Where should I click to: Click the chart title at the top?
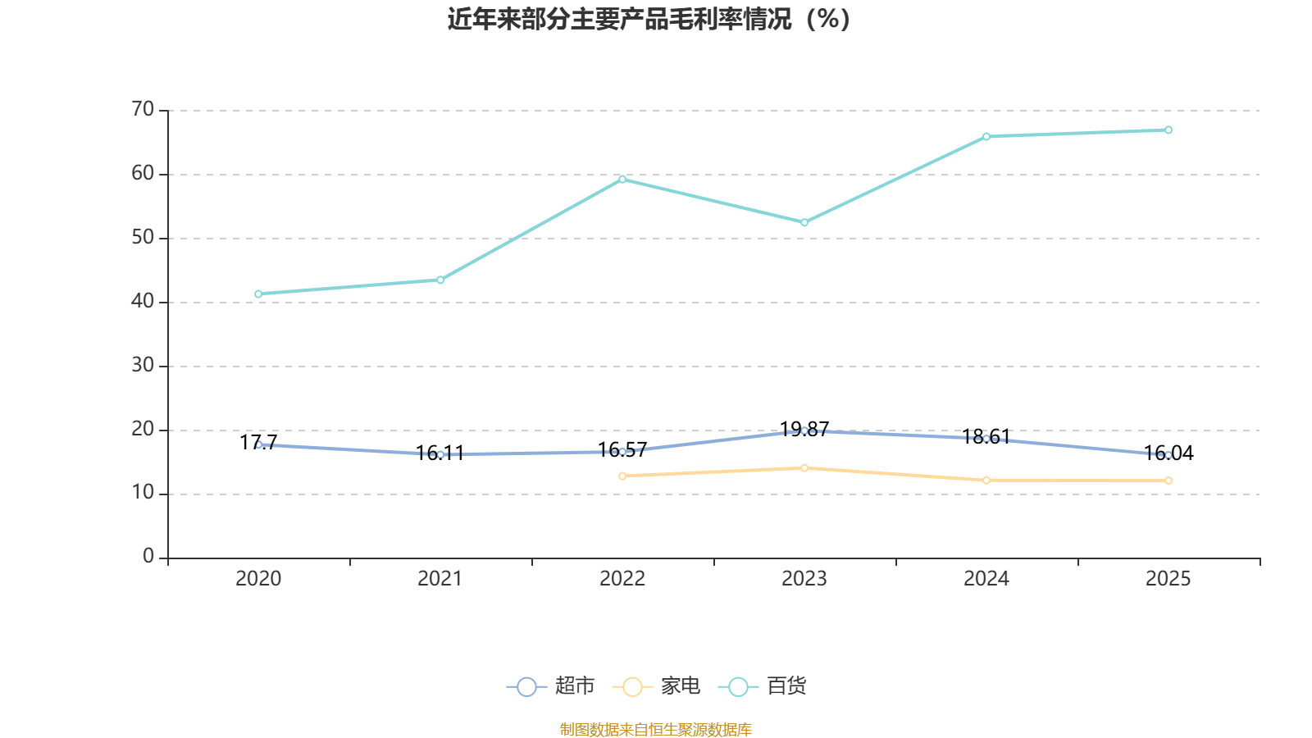click(x=649, y=19)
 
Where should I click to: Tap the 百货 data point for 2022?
click(x=622, y=179)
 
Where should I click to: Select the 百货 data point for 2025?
click(x=1168, y=130)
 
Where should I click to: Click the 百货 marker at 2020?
click(x=258, y=294)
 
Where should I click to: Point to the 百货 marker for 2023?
click(x=804, y=222)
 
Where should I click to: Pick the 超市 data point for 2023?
click(x=804, y=430)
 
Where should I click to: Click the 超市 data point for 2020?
click(x=258, y=444)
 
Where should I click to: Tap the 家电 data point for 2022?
click(x=622, y=476)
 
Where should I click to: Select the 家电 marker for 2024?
click(x=986, y=480)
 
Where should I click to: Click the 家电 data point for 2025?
click(x=1168, y=481)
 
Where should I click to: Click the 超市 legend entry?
click(x=551, y=686)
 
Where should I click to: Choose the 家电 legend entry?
click(x=657, y=686)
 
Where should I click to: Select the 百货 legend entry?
click(x=763, y=686)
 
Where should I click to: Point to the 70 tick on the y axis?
click(x=143, y=109)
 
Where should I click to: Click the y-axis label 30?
click(x=143, y=365)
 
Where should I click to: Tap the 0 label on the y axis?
click(x=148, y=557)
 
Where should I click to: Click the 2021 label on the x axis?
click(x=440, y=579)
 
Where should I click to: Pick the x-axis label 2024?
click(x=986, y=579)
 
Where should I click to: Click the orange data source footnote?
click(x=656, y=729)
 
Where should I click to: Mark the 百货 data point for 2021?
click(x=440, y=280)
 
